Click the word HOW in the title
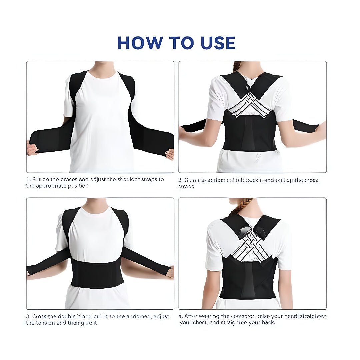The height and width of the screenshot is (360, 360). (x=140, y=43)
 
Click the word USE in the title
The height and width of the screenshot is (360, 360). (x=218, y=43)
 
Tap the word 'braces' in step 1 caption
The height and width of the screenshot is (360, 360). (x=64, y=179)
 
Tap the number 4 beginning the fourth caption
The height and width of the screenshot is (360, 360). (x=180, y=316)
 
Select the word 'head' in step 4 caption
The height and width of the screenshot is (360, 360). (x=291, y=316)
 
